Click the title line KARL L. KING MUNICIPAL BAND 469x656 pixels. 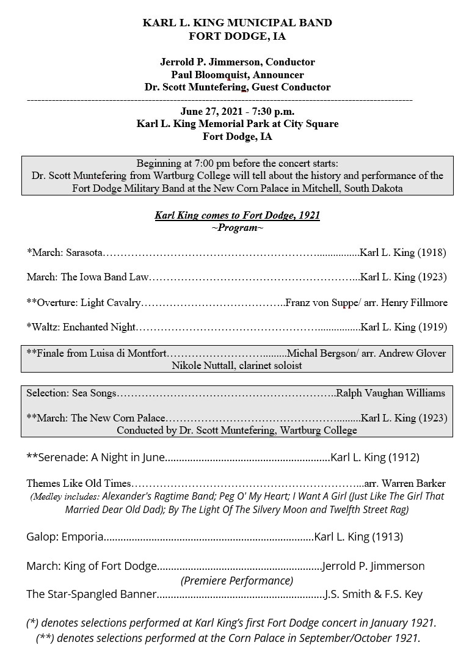(237, 23)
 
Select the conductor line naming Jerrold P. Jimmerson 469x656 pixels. (237, 62)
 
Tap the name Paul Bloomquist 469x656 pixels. (207, 75)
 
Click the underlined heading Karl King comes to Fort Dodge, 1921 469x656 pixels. (237, 215)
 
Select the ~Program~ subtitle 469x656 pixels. (237, 228)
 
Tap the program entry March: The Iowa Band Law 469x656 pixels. (87, 277)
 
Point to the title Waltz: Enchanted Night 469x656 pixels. (81, 327)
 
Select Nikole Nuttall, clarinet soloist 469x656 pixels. (237, 365)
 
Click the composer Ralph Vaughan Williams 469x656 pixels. (391, 393)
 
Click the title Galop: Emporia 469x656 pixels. (64, 537)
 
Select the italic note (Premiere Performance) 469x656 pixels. (237, 580)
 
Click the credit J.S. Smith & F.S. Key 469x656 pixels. (374, 594)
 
